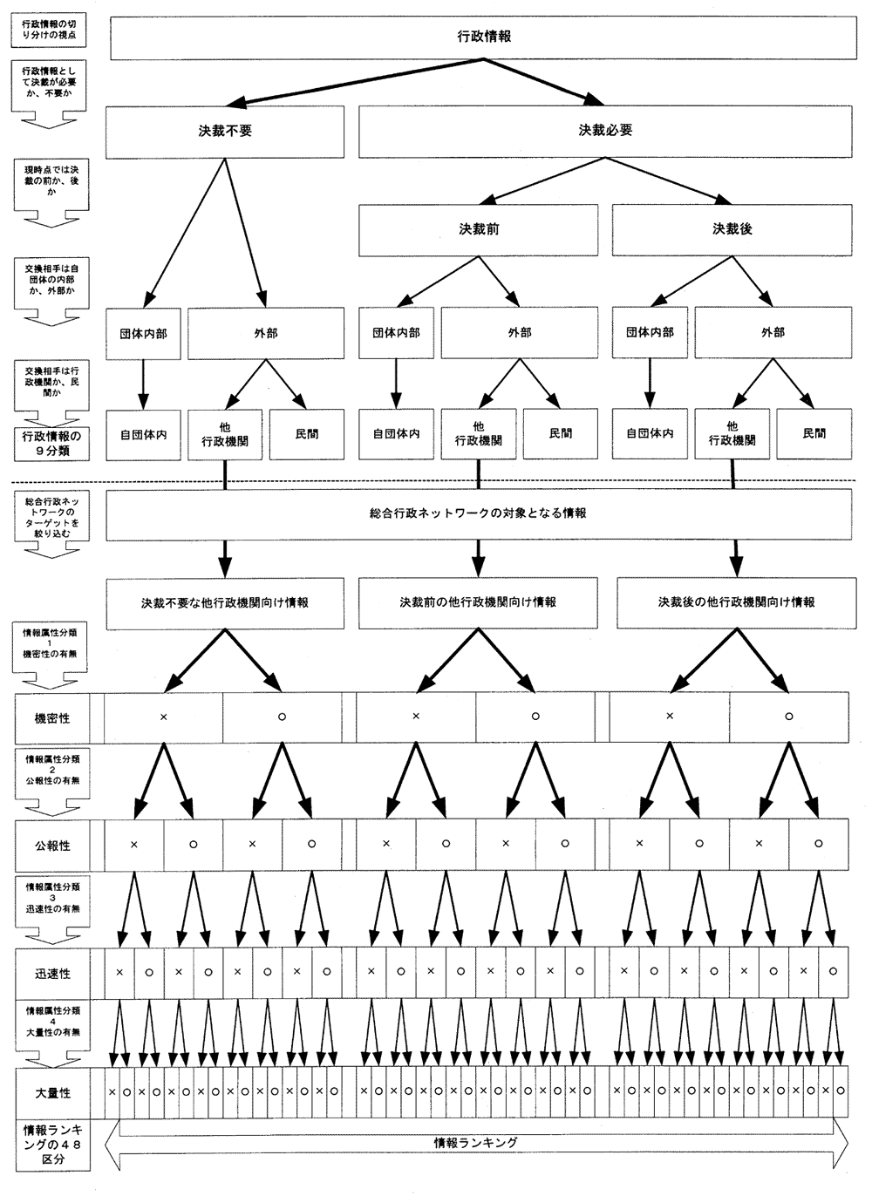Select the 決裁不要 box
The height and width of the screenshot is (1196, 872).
coord(226,132)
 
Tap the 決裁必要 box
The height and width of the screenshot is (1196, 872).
coord(605,131)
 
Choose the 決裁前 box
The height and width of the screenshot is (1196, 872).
coord(478,229)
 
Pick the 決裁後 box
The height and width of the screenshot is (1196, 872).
coord(732,229)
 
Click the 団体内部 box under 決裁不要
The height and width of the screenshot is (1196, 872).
coord(143,333)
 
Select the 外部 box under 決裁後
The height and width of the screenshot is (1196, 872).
coord(773,333)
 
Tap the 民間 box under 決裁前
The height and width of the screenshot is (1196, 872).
coord(561,433)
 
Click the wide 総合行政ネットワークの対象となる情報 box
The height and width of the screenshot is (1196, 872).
coord(478,514)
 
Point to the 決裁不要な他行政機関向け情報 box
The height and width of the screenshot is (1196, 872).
coord(225,602)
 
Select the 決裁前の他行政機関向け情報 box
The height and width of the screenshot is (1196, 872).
coord(478,602)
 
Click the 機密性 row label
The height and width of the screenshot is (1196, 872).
coord(52,718)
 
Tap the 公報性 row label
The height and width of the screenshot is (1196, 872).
coord(52,846)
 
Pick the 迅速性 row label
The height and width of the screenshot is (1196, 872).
coord(52,974)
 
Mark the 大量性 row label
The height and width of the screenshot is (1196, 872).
coord(52,1092)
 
